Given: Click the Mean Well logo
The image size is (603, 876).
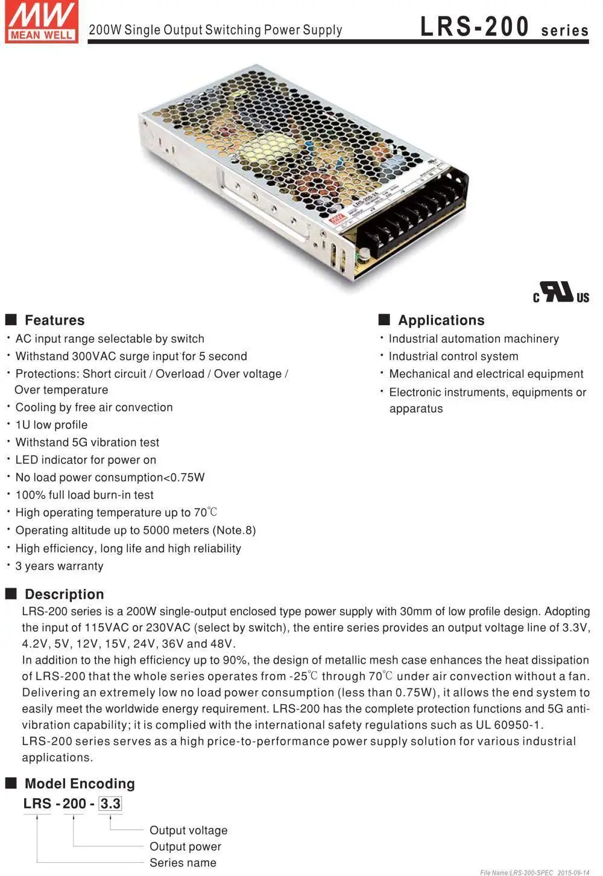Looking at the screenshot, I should [x=41, y=22].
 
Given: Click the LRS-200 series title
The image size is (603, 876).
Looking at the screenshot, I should [x=504, y=28].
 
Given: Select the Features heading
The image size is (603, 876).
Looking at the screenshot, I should [x=54, y=320].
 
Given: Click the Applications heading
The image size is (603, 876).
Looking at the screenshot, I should [x=441, y=320].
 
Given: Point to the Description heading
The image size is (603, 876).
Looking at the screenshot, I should [x=64, y=594].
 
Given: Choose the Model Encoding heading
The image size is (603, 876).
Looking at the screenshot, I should [x=80, y=784].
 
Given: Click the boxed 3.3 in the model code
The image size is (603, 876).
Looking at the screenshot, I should [x=110, y=804].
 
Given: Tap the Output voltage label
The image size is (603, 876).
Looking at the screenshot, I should [x=188, y=831].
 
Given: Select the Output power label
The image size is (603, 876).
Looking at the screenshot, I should [x=185, y=847].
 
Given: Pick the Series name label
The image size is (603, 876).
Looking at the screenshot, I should [x=183, y=863].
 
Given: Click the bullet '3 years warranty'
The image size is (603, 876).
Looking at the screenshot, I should [x=59, y=566].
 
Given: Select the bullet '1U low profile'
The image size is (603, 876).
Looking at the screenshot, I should [x=51, y=425].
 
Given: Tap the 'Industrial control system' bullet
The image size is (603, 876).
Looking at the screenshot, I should [x=453, y=357].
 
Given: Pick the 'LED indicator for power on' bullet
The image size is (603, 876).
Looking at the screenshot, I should [x=86, y=460].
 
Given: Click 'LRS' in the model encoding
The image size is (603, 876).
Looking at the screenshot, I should [x=37, y=804].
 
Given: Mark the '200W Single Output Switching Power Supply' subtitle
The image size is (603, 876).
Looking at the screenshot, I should [x=215, y=30].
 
